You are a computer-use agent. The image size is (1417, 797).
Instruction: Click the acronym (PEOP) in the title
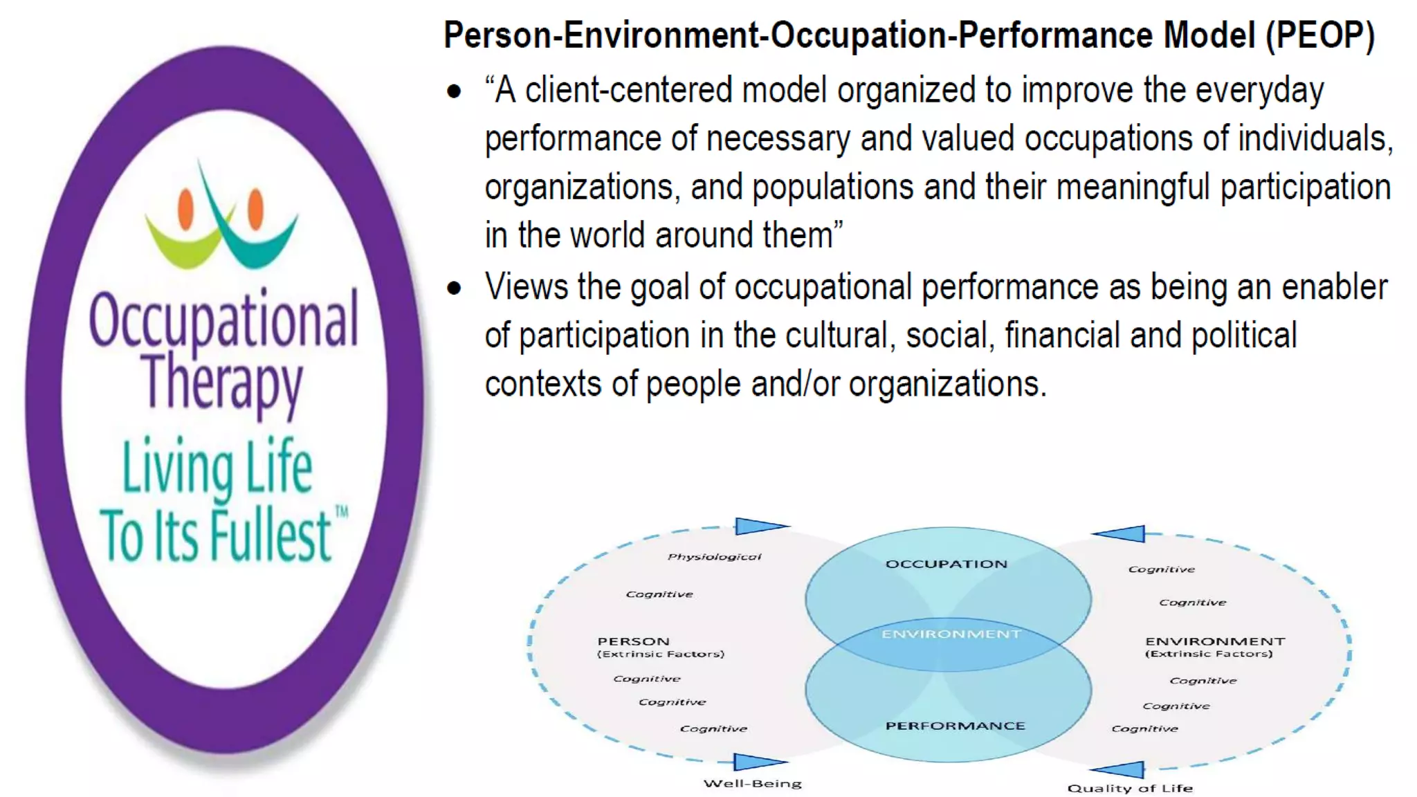pyautogui.click(x=1320, y=36)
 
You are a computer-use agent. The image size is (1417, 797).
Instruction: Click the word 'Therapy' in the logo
pyautogui.click(x=223, y=383)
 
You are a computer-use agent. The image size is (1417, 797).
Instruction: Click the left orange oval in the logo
pyautogui.click(x=185, y=209)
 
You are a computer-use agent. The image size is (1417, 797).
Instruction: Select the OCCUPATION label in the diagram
pyautogui.click(x=946, y=564)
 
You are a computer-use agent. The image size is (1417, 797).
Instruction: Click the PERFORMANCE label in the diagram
pyautogui.click(x=955, y=726)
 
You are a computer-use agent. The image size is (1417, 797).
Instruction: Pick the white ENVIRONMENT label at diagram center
pyautogui.click(x=951, y=634)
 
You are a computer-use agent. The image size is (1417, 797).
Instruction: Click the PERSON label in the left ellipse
pyautogui.click(x=633, y=641)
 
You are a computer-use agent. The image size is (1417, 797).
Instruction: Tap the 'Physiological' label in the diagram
pyautogui.click(x=714, y=556)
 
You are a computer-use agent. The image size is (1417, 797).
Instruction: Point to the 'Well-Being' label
pyautogui.click(x=752, y=784)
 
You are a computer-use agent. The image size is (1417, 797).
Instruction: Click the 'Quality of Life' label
pyautogui.click(x=1130, y=788)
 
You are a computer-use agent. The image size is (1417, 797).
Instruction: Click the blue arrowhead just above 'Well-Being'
pyautogui.click(x=757, y=762)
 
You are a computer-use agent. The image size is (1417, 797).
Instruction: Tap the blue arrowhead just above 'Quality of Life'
pyautogui.click(x=1119, y=769)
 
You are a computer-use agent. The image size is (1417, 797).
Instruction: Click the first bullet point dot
pyautogui.click(x=454, y=91)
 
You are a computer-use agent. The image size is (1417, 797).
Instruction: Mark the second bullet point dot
pyautogui.click(x=454, y=288)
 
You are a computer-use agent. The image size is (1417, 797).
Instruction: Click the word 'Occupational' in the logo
pyautogui.click(x=223, y=320)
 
